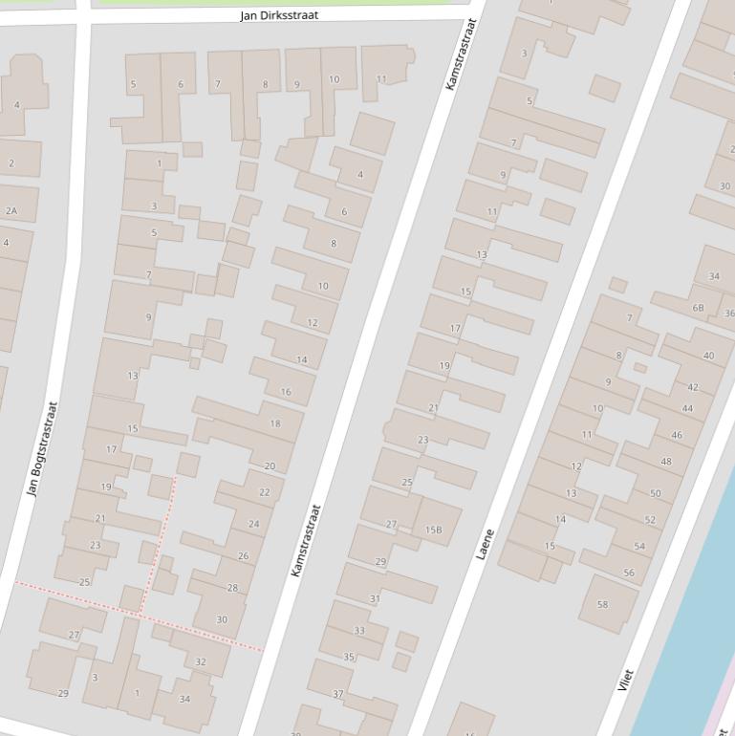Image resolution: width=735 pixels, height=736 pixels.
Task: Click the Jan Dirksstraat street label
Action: click(279, 15)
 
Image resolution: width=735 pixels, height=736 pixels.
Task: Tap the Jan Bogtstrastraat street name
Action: click(43, 448)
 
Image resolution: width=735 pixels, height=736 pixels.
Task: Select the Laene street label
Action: click(486, 543)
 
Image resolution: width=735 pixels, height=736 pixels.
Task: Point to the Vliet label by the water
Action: click(626, 681)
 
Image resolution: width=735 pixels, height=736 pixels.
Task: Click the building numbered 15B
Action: click(434, 530)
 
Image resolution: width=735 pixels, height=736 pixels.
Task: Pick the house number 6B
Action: click(698, 308)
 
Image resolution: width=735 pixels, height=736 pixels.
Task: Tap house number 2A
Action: click(11, 210)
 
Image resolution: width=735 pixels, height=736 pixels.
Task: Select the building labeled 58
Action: click(602, 604)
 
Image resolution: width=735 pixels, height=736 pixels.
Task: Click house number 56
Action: click(629, 573)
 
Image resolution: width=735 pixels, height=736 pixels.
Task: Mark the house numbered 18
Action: click(275, 423)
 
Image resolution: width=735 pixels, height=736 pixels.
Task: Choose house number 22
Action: click(265, 492)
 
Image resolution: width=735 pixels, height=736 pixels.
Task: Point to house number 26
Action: click(243, 555)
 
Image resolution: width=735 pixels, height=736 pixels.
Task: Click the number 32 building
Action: click(200, 661)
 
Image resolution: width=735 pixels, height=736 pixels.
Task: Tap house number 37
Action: click(338, 693)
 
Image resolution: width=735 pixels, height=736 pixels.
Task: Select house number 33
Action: click(359, 630)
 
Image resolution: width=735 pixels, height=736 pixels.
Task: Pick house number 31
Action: click(375, 598)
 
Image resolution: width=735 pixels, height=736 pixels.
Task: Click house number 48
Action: click(666, 461)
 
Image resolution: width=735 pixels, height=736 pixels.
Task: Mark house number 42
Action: click(693, 387)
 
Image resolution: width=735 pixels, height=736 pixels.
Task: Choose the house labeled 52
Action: click(650, 519)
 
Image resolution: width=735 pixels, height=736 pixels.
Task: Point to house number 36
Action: click(729, 313)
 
